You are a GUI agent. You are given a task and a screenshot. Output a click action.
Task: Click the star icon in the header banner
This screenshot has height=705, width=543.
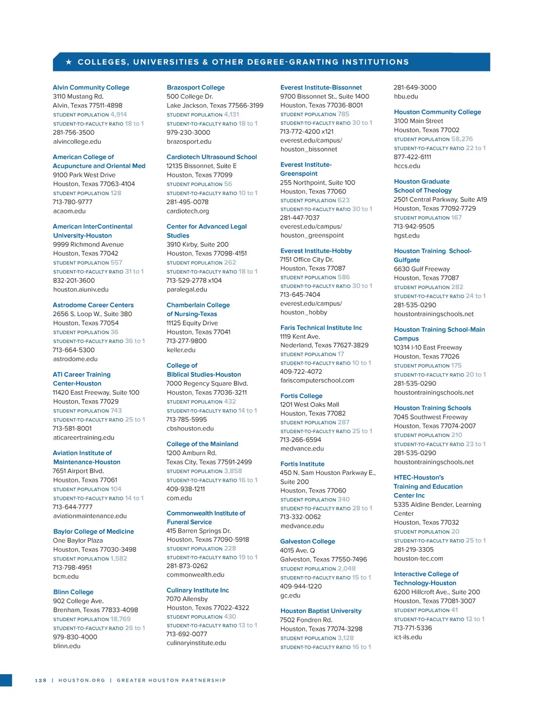[68, 62]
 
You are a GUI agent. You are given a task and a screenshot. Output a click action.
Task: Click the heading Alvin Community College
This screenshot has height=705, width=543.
[91, 87]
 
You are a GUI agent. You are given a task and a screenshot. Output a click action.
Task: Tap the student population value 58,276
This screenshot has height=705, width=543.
[462, 139]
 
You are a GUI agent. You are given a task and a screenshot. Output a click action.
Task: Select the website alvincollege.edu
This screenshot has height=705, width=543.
[77, 142]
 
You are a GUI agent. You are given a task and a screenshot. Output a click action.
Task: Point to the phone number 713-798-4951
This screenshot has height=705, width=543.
[72, 567]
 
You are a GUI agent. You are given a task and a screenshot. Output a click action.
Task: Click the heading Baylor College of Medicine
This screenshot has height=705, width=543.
[93, 531]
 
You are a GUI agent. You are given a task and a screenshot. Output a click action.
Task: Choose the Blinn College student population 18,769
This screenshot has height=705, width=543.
[120, 619]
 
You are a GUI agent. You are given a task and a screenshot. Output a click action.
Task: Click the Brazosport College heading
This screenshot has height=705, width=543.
[195, 87]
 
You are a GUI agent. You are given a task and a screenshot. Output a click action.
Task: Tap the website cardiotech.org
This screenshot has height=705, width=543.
[188, 211]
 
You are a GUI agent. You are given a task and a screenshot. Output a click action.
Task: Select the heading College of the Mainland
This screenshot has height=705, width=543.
[202, 444]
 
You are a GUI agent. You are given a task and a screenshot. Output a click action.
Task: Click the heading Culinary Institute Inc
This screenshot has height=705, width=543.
[197, 590]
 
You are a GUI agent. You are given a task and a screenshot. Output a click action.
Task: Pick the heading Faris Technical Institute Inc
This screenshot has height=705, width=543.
[321, 328]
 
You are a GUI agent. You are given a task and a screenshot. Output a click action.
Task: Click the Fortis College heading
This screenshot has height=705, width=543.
[301, 395]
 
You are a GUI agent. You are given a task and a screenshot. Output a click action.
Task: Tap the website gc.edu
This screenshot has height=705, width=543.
[290, 595]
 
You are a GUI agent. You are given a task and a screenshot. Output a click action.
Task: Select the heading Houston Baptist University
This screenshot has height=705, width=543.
[321, 611]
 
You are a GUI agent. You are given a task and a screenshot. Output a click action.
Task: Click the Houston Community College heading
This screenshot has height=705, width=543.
[437, 112]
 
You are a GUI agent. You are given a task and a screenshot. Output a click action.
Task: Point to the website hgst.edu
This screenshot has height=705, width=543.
[406, 235]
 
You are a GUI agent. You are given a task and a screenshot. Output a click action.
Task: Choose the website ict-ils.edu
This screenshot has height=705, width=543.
[408, 637]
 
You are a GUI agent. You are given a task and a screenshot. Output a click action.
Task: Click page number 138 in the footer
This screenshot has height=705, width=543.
[41, 680]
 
